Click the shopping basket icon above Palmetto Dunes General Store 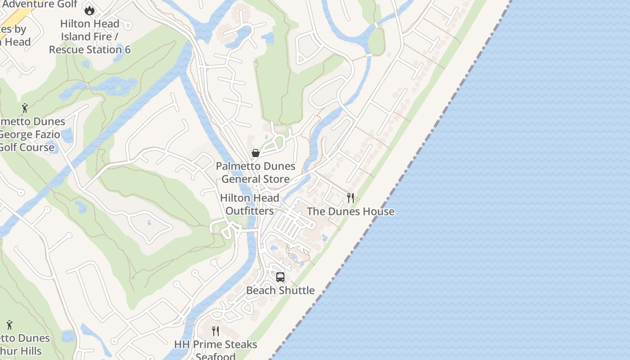256,153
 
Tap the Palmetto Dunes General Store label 256,173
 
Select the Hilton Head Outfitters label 250,204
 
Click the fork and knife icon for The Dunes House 351,198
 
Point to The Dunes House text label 351,211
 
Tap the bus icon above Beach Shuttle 280,277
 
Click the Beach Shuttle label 280,291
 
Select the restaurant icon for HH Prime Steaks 216,331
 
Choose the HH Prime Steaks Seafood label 216,351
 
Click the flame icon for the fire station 90,10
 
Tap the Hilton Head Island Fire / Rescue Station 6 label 90,36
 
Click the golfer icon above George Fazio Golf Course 25,108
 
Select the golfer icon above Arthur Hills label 9,324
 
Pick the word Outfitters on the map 249,211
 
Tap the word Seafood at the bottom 216,356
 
